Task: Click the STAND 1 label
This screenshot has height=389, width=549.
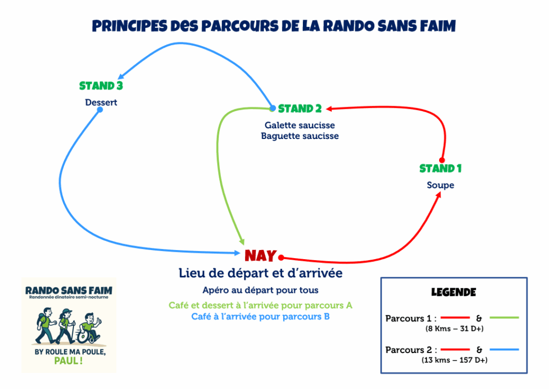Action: tap(440, 168)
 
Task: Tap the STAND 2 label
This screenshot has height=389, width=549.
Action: tap(300, 109)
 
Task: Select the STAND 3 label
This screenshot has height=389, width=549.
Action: tap(101, 86)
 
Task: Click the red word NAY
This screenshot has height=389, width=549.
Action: tap(261, 256)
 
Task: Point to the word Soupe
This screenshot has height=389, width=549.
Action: tap(441, 185)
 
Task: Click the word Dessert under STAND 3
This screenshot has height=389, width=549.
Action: tap(101, 102)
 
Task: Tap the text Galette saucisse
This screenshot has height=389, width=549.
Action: tap(300, 125)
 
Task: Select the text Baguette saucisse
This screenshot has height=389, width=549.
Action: tap(300, 136)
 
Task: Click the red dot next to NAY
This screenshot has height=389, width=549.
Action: tap(280, 257)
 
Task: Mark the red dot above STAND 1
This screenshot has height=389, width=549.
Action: tap(442, 160)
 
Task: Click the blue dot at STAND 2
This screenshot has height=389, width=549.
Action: tap(272, 108)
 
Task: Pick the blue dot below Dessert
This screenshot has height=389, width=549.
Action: tap(100, 109)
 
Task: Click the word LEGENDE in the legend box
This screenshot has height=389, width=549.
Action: tap(454, 293)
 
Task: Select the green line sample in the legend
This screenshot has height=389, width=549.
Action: tap(504, 318)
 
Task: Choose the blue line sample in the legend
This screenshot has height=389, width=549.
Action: tap(504, 350)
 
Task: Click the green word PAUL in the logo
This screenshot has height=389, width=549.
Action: tap(69, 361)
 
